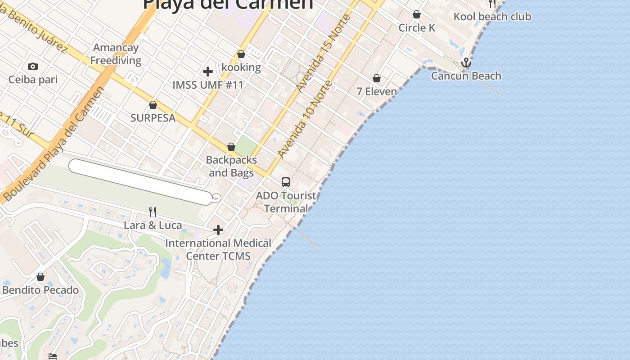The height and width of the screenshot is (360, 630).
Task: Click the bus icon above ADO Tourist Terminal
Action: click(286, 182)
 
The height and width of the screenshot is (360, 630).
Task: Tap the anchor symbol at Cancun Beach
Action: click(466, 63)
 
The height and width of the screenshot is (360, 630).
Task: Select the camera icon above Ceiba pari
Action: click(33, 67)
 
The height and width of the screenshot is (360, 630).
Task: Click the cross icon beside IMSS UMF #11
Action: click(208, 72)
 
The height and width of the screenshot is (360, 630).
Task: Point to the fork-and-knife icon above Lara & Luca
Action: click(153, 211)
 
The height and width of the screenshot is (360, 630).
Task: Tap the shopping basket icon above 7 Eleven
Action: click(377, 79)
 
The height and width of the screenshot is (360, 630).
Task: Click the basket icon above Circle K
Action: click(417, 14)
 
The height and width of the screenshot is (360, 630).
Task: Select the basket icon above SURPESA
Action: click(153, 105)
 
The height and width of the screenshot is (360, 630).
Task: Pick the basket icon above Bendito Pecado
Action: click(40, 277)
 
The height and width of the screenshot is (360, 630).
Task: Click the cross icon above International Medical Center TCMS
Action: click(218, 230)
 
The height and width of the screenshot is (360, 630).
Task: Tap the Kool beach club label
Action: click(492, 17)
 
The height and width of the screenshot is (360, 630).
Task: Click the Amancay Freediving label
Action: click(116, 54)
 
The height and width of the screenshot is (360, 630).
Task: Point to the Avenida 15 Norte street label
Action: click(321, 54)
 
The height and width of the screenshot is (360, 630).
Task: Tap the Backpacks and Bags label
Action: click(231, 166)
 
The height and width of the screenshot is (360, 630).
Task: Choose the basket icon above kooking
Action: click(241, 54)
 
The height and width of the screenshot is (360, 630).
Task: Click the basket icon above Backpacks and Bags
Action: click(231, 147)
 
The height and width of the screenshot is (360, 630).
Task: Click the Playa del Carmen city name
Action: click(228, 4)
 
